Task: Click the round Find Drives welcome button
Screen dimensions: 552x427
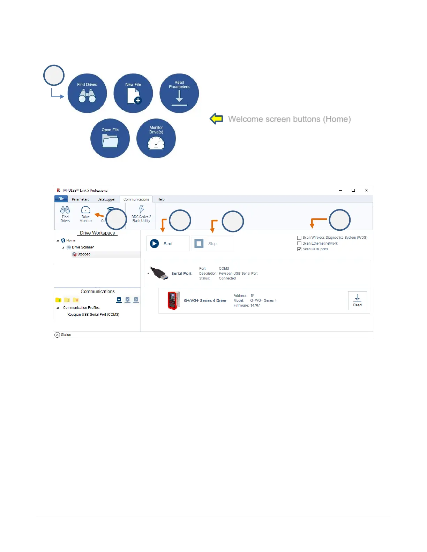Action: tap(87, 93)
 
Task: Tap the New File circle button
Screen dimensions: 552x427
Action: tap(133, 93)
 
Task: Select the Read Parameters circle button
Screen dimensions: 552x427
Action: tap(179, 93)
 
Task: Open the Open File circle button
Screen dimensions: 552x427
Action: tap(110, 138)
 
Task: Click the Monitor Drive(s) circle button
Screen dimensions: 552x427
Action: tap(156, 138)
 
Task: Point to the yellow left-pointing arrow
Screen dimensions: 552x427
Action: tap(216, 119)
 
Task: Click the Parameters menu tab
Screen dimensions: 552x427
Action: tap(80, 199)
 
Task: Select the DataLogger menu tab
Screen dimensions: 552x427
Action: tap(106, 199)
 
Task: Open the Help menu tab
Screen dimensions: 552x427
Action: tap(161, 199)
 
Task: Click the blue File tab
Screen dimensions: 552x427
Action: tap(61, 199)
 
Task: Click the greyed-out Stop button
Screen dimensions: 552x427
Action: tap(212, 244)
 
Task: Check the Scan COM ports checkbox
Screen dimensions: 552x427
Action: tap(299, 249)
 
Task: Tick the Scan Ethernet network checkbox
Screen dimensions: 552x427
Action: tap(299, 244)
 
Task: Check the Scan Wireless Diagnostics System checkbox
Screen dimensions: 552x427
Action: tap(299, 238)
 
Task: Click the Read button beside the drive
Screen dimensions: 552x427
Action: tap(357, 300)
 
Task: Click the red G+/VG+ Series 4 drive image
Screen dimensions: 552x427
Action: tap(173, 300)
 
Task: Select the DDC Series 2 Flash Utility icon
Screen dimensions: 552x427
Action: tap(141, 214)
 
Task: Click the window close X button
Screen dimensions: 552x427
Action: tap(366, 190)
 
